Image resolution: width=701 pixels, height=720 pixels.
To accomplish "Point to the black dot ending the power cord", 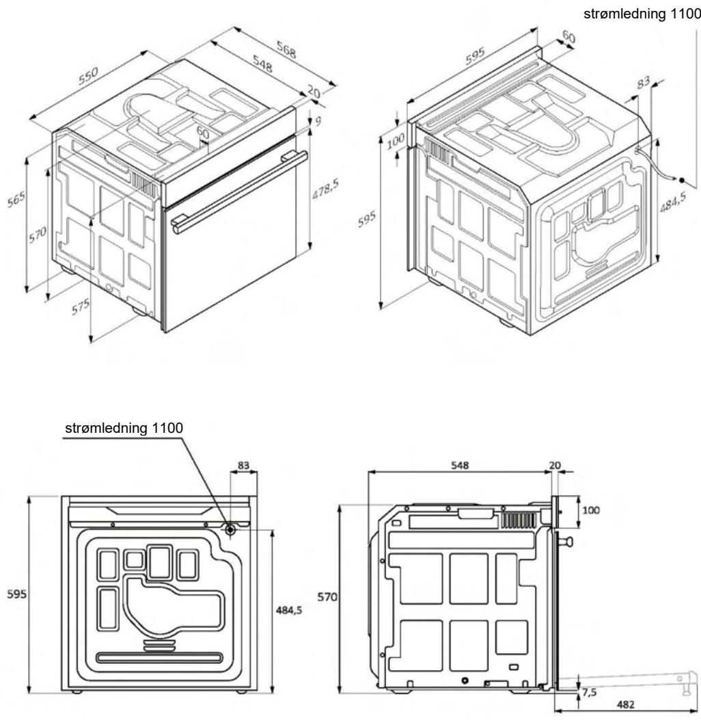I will pyautogui.click(x=682, y=180).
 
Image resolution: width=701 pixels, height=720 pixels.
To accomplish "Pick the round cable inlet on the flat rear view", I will pyautogui.click(x=230, y=529).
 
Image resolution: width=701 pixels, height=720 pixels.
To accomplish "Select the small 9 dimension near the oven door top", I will pyautogui.click(x=318, y=121).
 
